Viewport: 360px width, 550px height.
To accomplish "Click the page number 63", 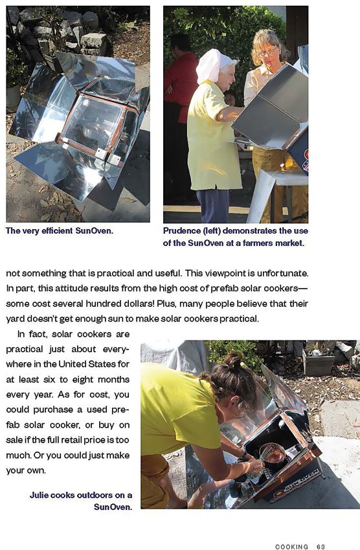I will coord(321,547).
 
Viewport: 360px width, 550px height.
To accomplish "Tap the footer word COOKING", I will coord(291,547).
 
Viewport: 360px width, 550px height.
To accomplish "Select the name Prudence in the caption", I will coord(184,231).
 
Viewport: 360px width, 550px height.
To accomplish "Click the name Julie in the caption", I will coord(41,495).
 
